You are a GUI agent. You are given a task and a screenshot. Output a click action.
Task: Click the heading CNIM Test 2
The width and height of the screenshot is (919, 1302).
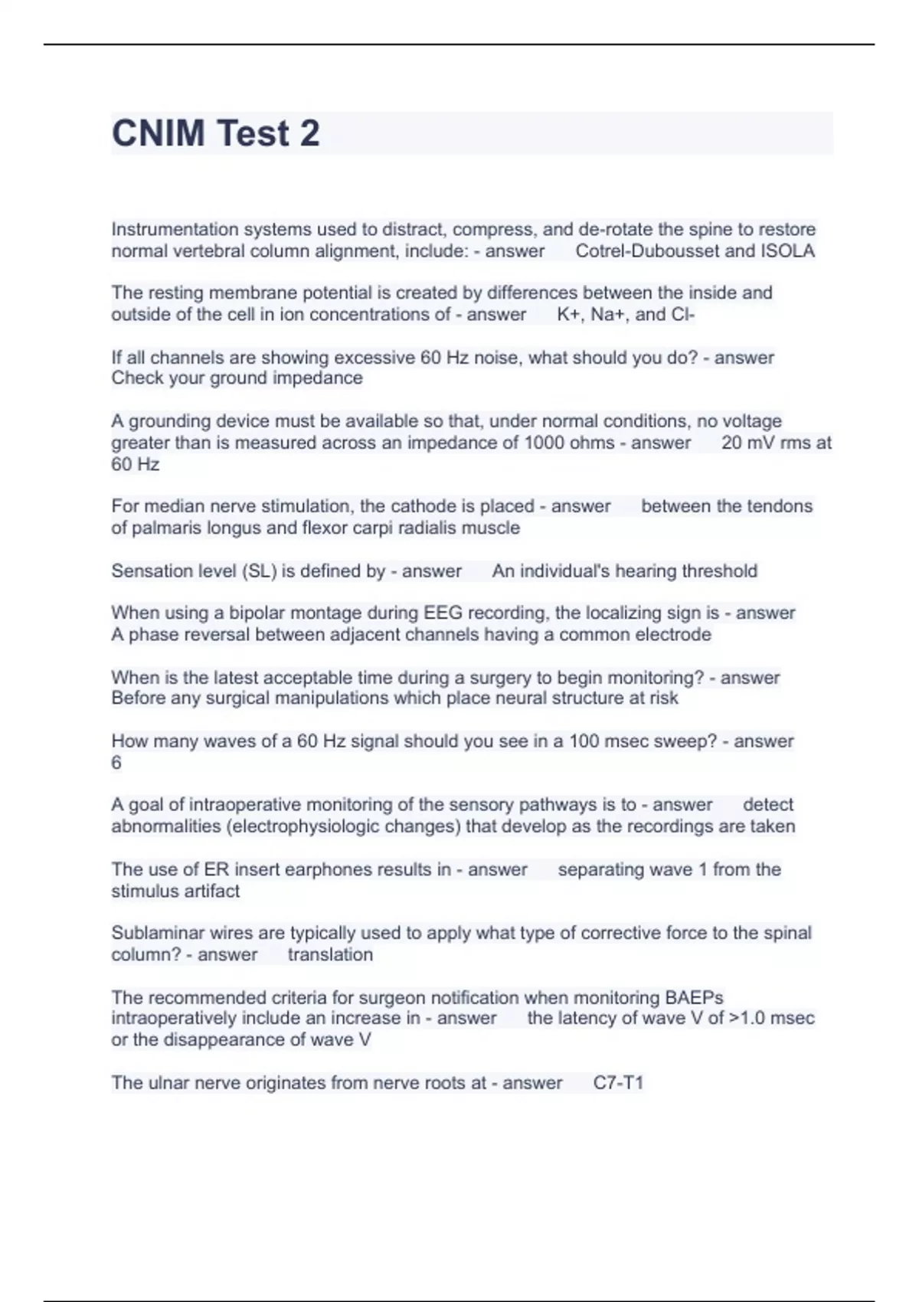tap(216, 133)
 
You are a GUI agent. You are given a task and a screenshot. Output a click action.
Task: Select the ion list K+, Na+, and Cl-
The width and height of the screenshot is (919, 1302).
tap(626, 315)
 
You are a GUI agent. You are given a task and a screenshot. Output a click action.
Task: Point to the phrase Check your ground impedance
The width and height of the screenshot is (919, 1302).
tap(237, 378)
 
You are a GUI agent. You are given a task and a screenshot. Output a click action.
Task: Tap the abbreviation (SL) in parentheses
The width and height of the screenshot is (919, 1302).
tap(259, 571)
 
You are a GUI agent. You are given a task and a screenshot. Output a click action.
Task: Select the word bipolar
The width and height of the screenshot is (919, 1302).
tap(258, 613)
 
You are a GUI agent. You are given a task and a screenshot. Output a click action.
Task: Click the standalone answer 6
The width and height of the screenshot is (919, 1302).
tap(116, 763)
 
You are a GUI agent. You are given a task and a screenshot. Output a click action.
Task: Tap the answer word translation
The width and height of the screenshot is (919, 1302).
tap(330, 955)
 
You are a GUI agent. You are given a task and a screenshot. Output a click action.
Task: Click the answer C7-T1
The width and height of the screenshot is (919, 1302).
tap(618, 1083)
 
